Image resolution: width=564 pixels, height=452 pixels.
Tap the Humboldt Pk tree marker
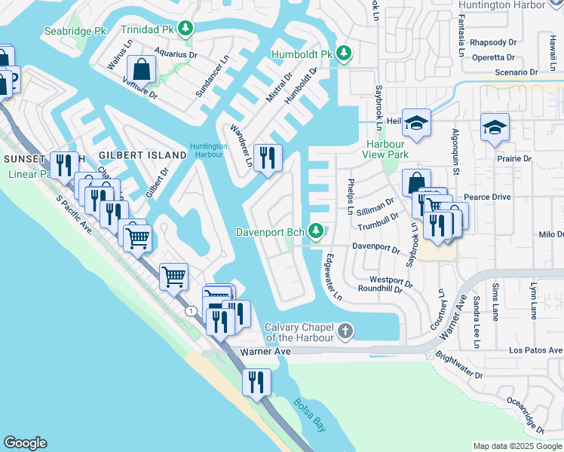pos(344,53)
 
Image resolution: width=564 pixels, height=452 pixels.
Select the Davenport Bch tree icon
pos(319,231)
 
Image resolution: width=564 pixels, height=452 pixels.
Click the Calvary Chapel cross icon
pos(345,331)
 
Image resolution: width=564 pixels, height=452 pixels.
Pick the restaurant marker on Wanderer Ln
pos(267,158)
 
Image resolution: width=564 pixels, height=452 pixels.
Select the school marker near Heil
pos(416,122)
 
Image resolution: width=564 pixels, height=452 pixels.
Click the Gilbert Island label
pos(143,154)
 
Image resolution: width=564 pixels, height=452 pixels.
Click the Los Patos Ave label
pos(535,350)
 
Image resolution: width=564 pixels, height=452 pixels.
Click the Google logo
pos(25,443)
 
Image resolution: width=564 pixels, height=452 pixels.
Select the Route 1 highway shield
pos(193,311)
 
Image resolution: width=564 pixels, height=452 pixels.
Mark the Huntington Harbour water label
pos(208,151)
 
